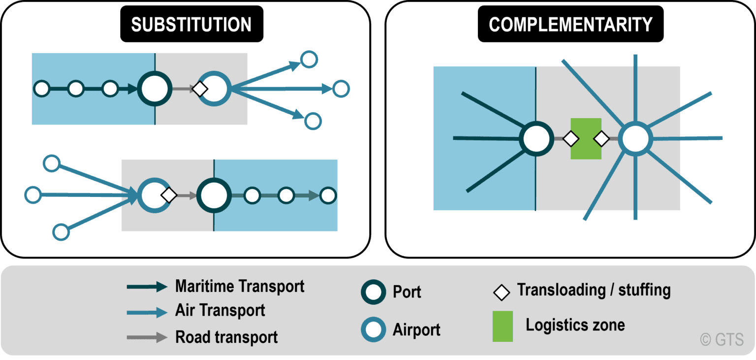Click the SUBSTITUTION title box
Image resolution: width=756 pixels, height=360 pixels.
[191, 24]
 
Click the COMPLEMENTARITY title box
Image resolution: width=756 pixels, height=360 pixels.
[570, 24]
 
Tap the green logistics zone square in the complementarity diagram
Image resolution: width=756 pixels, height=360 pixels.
[586, 139]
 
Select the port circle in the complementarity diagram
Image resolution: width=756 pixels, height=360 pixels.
[536, 139]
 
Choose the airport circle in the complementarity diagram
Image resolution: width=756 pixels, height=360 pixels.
[635, 139]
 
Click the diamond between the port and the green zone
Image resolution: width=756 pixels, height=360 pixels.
[571, 139]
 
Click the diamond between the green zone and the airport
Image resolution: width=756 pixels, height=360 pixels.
[601, 139]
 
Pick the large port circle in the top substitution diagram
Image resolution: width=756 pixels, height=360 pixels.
[155, 89]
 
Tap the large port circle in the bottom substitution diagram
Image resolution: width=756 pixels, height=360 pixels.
[214, 196]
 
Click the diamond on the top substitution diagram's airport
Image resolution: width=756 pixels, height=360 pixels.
[199, 89]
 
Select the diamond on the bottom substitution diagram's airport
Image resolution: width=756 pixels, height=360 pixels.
[169, 195]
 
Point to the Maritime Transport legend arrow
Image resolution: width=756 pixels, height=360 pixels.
[147, 287]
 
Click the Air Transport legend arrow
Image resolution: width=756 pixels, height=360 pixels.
[147, 312]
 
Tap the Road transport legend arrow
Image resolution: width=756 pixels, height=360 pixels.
[147, 337]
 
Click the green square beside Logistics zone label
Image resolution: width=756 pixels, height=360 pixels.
[503, 326]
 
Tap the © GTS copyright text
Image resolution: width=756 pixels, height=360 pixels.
[722, 339]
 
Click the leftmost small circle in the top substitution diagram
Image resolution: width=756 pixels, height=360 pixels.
[42, 89]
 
